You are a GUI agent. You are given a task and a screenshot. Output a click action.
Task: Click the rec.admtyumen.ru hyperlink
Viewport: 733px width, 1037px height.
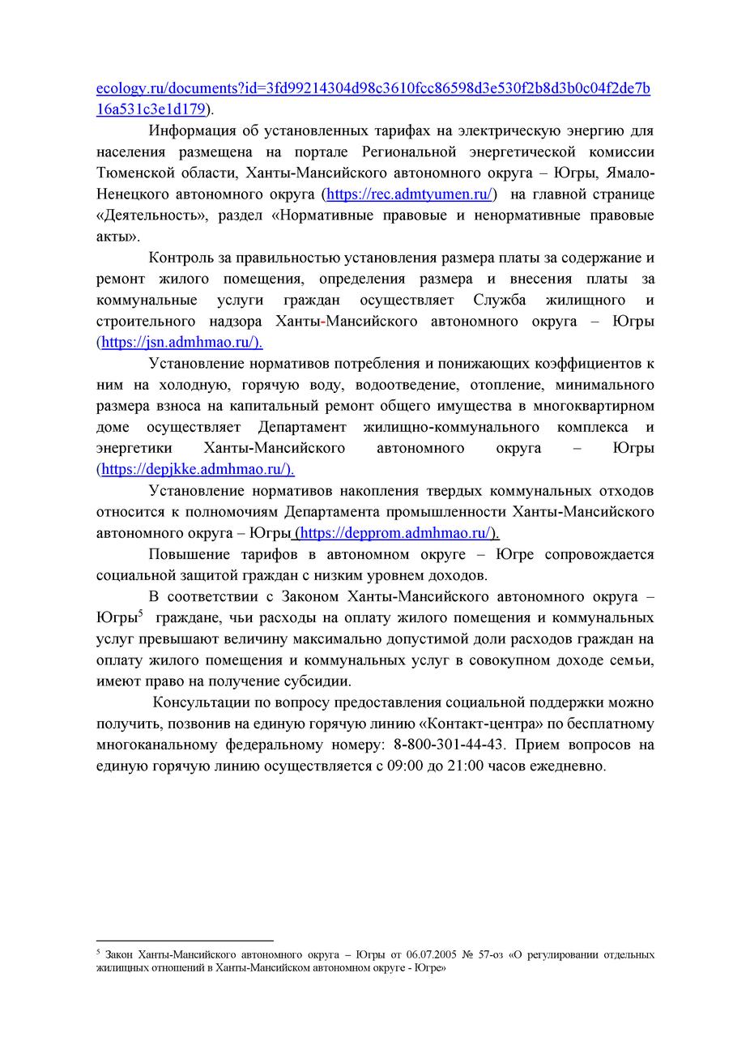(x=409, y=194)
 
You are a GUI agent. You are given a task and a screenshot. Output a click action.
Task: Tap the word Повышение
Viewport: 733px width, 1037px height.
(x=186, y=554)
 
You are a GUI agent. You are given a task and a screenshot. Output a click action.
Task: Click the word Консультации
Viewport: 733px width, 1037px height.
(x=205, y=702)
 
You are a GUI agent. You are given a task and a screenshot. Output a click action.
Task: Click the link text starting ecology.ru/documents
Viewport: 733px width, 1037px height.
(x=373, y=87)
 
